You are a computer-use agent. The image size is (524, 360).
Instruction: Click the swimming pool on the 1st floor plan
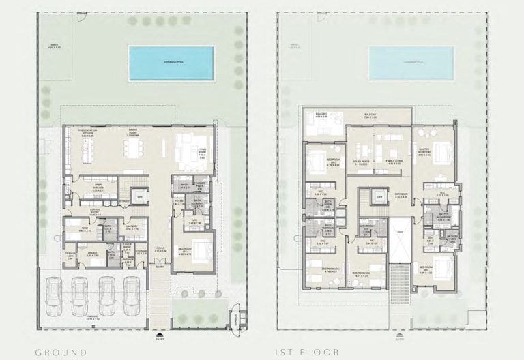[x=411, y=62]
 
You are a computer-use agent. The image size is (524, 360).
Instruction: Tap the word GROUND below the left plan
[x=61, y=352]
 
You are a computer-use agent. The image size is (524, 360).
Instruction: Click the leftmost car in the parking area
[x=53, y=292]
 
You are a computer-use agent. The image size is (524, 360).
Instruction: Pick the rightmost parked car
[x=132, y=292]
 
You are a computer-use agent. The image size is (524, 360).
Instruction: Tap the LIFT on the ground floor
[x=141, y=197]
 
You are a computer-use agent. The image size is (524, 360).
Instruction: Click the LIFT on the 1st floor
[x=380, y=198]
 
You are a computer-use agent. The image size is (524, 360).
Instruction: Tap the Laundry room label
[x=132, y=227]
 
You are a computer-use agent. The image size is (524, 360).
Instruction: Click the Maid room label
[x=83, y=229]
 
